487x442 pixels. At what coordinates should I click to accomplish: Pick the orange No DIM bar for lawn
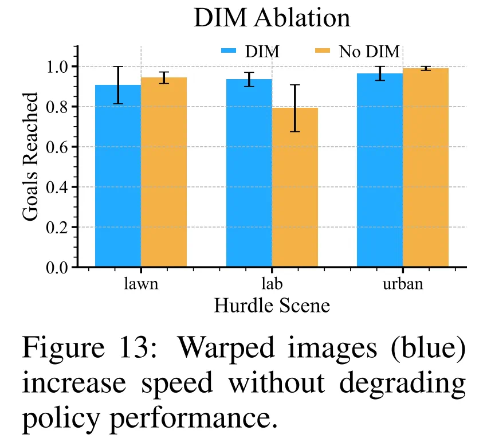(164, 172)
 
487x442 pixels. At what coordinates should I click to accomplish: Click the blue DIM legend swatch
(230, 52)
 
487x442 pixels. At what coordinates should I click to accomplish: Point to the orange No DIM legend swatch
(324, 52)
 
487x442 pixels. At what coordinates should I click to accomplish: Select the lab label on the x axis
(272, 284)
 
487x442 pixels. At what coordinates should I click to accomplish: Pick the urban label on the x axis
(403, 284)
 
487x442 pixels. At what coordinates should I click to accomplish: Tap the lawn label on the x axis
(141, 284)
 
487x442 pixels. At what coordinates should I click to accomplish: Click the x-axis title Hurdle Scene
(272, 305)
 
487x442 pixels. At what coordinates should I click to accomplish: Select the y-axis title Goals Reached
(32, 156)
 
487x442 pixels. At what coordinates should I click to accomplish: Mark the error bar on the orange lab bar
(294, 108)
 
